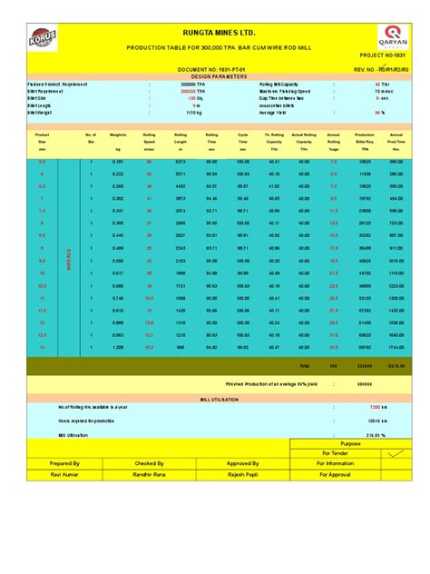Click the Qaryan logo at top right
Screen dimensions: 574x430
point(393,39)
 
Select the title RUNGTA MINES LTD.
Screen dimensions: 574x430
point(214,31)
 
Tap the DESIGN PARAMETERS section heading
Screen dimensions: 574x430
point(214,76)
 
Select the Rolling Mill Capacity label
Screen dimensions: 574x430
point(286,84)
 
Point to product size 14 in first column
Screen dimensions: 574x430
point(42,347)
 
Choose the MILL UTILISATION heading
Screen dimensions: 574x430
point(214,399)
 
